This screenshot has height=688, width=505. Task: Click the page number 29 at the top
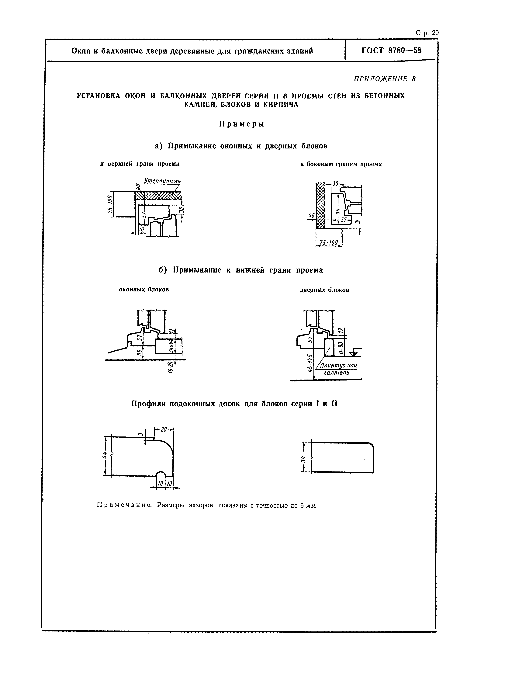coord(435,33)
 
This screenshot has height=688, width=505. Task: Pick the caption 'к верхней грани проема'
coord(140,164)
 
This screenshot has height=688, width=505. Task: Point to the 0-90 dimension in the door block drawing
coord(341,347)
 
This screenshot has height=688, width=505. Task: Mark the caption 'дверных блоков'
coord(324,290)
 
